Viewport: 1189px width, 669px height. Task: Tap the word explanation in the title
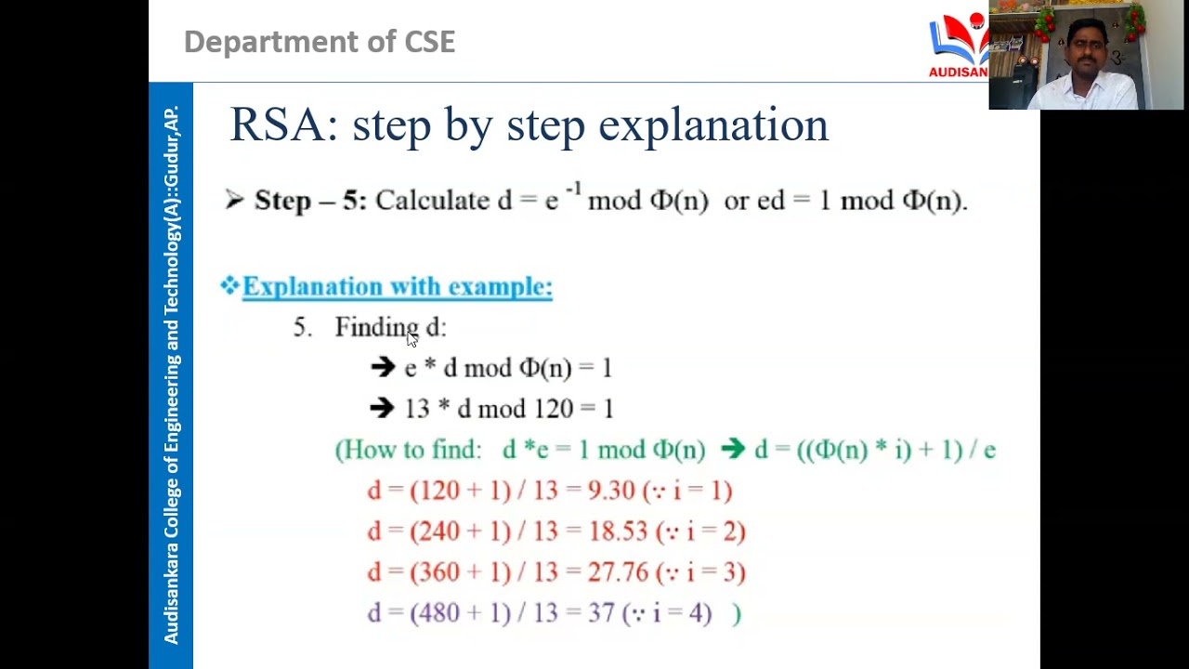(713, 125)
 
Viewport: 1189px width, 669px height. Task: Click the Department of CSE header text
(320, 42)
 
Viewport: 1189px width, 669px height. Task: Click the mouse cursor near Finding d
(412, 339)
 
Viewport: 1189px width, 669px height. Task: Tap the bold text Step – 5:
(310, 201)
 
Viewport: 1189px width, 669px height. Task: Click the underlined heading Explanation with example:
(398, 287)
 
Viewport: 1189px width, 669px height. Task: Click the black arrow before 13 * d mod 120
(382, 409)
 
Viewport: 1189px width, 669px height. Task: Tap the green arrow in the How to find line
(732, 450)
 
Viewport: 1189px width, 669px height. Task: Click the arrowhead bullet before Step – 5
(234, 200)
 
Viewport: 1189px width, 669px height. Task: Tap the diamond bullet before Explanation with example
(229, 285)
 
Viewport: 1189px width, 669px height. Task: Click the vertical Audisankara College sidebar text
(171, 375)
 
